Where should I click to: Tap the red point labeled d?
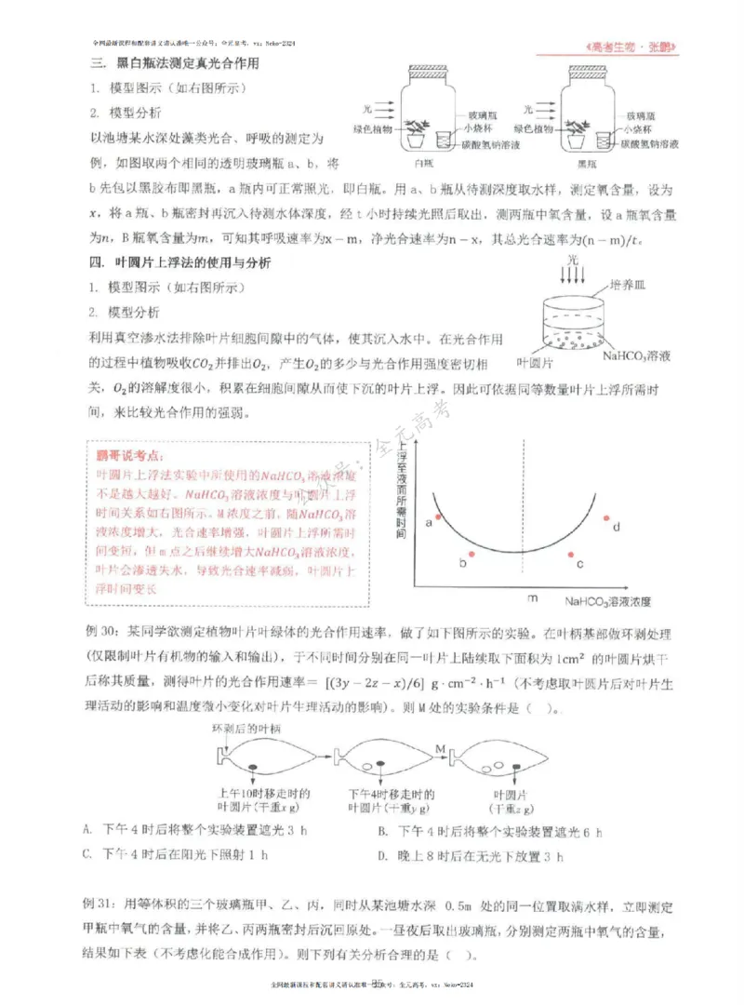point(605,518)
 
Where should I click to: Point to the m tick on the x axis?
point(532,599)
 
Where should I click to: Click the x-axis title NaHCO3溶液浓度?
point(607,601)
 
